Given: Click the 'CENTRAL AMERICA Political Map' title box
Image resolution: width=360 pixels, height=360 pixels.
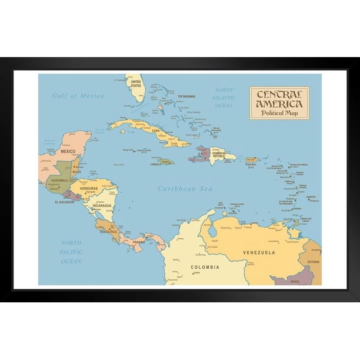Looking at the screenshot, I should point(279,103).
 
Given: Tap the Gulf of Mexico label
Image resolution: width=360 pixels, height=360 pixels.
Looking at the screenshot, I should point(78,96).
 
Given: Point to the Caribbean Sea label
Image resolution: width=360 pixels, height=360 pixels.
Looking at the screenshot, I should point(185,189).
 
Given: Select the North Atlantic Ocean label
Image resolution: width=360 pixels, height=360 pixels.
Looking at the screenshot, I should point(224,98).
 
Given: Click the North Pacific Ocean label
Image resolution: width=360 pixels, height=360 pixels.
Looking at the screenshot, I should point(71,251).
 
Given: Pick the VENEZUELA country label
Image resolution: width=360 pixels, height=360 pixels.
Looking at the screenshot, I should point(259,252).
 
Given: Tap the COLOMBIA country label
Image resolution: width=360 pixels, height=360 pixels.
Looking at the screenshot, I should point(205,268).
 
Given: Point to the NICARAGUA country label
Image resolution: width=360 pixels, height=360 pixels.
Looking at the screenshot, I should point(101,205).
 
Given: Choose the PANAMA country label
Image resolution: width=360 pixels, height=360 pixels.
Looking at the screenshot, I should point(139,242).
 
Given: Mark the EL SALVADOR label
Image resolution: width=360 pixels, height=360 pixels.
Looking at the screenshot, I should point(65,202).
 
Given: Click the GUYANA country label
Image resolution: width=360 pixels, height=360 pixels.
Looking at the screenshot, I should point(313,262).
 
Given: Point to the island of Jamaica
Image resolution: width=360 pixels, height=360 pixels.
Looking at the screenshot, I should point(166,161).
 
